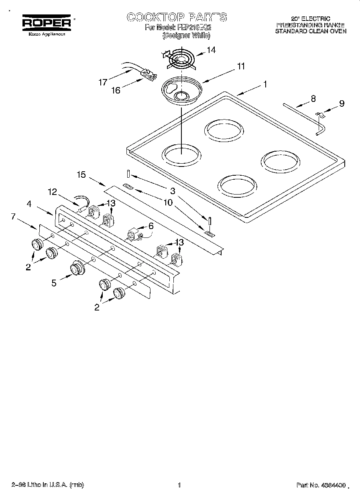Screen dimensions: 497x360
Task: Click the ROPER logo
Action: pyautogui.click(x=46, y=23)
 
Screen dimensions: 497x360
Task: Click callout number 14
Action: pyautogui.click(x=211, y=50)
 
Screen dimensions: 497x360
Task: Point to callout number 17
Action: pyautogui.click(x=103, y=82)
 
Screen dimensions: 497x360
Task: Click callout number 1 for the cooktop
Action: pyautogui.click(x=265, y=84)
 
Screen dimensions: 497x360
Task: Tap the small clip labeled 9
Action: pyautogui.click(x=320, y=115)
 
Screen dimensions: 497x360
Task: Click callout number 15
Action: pyautogui.click(x=81, y=174)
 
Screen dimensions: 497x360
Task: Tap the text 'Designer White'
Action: pyautogui.click(x=186, y=36)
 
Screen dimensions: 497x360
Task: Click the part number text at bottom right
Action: pyautogui.click(x=321, y=485)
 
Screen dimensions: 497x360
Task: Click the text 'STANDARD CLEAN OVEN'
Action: pyautogui.click(x=310, y=30)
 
